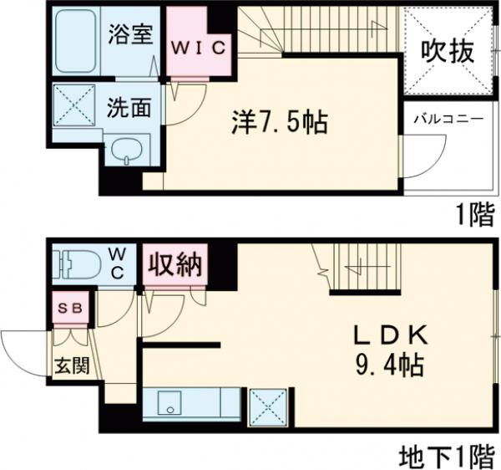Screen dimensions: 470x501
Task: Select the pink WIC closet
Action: (199, 47)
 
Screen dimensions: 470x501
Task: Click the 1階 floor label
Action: (474, 216)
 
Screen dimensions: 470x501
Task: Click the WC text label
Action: (119, 264)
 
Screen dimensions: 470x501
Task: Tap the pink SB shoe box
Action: (69, 306)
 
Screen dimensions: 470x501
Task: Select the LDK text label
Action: (388, 335)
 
